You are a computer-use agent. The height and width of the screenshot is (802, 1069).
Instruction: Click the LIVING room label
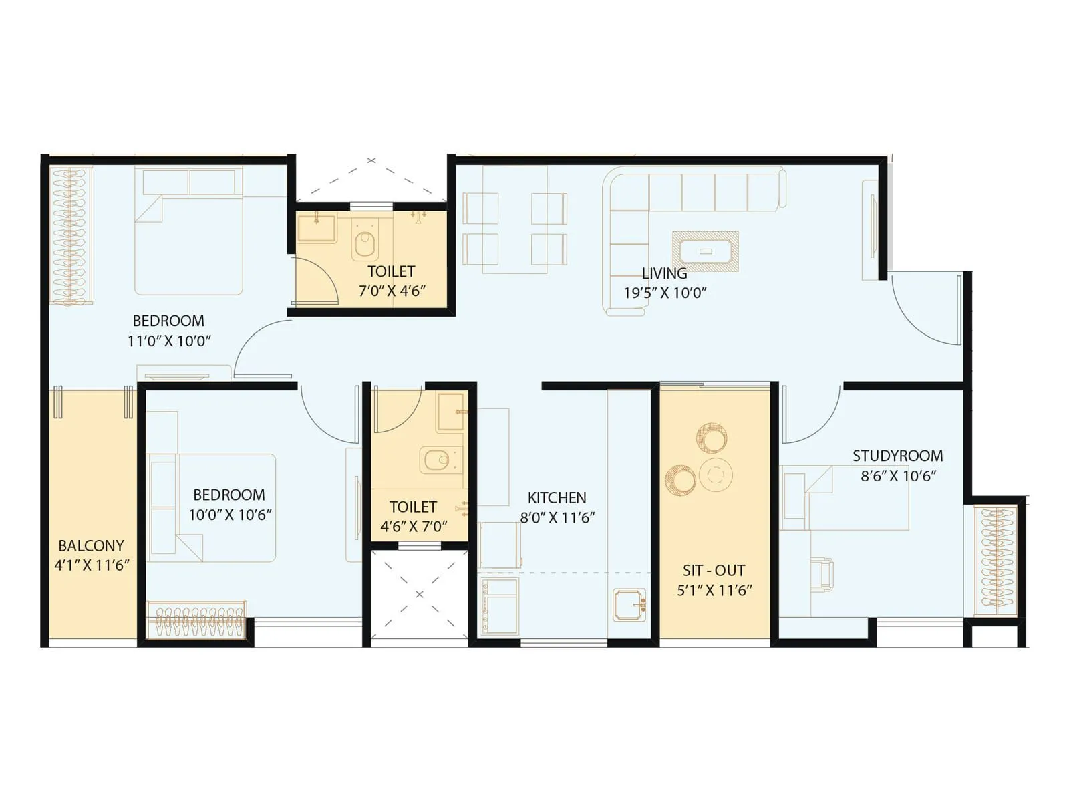coord(664,273)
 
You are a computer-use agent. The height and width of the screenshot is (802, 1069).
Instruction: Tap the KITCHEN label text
coord(557,498)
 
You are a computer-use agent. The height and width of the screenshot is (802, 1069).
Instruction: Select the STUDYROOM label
coord(897,456)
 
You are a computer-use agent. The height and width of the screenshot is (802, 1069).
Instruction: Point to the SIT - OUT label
coord(714,571)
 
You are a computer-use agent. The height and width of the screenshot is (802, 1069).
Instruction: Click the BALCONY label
coord(91,545)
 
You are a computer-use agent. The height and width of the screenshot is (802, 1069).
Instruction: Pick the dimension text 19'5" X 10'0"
coord(665,293)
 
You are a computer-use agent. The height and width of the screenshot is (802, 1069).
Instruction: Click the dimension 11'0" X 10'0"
coord(169,341)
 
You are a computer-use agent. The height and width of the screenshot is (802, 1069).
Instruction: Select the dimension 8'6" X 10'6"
coord(898,476)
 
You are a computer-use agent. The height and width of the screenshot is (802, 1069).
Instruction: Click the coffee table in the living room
coord(706,251)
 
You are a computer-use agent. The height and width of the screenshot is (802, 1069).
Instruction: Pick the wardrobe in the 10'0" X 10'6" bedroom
coord(197,621)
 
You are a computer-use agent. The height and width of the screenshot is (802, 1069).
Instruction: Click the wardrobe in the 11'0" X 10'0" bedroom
coord(69,237)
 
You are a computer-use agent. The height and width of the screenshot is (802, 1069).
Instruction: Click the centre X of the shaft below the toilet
coord(420,594)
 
